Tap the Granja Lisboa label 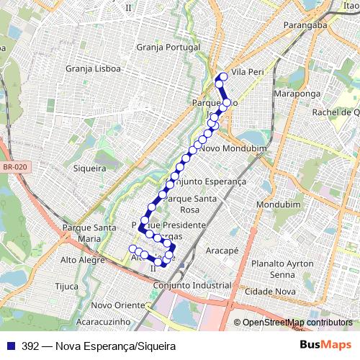[92, 69]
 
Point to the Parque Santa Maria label [89, 233]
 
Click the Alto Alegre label [83, 260]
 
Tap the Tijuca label [66, 285]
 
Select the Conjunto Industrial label [192, 285]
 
